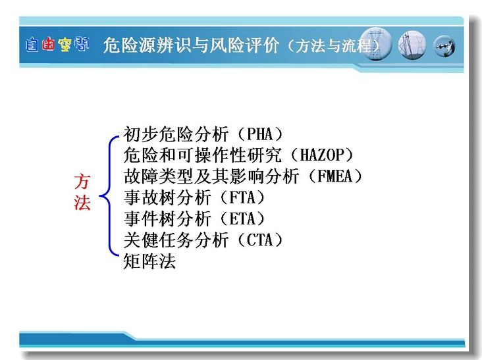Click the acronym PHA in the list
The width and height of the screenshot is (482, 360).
[x=259, y=134]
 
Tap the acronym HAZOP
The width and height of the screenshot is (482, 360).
[x=321, y=155]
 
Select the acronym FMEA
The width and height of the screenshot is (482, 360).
[x=335, y=176]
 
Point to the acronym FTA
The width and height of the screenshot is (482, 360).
[x=242, y=197]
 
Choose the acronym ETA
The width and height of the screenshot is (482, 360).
[x=242, y=219]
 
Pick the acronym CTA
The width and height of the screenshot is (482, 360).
[x=259, y=240]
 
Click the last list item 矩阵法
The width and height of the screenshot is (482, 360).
[x=149, y=261]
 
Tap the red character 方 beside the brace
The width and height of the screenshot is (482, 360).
[x=82, y=182]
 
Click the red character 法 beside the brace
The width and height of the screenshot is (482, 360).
[x=82, y=203]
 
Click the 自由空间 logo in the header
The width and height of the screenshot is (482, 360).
[x=57, y=44]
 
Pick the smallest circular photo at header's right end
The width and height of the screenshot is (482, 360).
[x=444, y=46]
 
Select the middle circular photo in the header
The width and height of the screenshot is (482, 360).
[x=412, y=45]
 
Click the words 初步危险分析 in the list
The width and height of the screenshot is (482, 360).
[x=176, y=134]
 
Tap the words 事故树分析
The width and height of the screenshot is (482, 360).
[x=167, y=197]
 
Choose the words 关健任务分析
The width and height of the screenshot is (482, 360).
[x=176, y=240]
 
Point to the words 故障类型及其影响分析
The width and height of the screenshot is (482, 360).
[x=211, y=176]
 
